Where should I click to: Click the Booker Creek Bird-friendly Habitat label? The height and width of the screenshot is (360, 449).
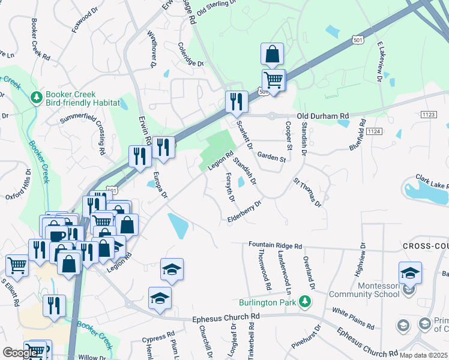click(x=74, y=98)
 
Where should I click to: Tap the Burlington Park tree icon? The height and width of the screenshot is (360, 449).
click(x=306, y=301)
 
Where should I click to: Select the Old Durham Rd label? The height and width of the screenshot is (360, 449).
click(x=322, y=116)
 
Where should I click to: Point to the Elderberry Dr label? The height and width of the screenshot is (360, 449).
click(x=245, y=212)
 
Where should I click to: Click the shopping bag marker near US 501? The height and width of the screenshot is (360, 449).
click(x=272, y=55)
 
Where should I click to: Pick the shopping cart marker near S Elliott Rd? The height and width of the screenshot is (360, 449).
click(x=17, y=265)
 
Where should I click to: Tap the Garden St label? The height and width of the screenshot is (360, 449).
click(x=271, y=158)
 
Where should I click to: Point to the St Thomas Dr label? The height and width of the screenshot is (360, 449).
click(x=308, y=191)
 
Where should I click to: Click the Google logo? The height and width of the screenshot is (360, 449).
click(x=20, y=353)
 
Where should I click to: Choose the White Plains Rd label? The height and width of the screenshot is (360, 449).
click(x=353, y=317)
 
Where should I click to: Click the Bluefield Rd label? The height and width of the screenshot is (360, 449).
click(x=358, y=136)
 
